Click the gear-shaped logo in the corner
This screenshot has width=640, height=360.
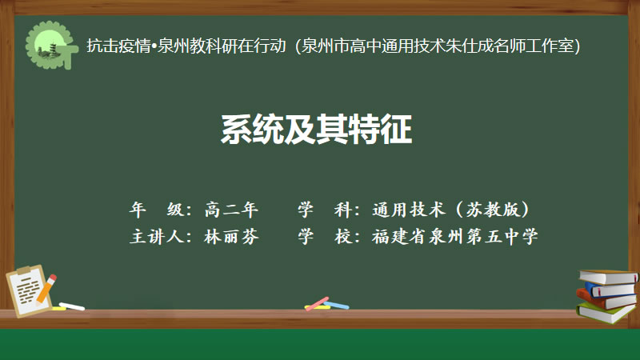50,45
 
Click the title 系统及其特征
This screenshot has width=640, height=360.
316,130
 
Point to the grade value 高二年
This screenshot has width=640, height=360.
231,210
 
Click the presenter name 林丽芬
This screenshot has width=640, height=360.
231,236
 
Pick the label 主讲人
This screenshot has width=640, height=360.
157,236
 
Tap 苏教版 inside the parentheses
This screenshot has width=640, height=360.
493,210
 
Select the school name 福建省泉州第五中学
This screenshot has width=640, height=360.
454,236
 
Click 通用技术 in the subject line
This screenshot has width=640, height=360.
408,210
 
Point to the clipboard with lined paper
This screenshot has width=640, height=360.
28,290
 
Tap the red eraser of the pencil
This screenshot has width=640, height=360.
52,278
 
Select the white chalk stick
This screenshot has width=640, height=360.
72,306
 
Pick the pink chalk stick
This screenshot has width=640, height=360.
317,304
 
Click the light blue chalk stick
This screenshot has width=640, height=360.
337,305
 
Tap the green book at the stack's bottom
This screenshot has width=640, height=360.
606,313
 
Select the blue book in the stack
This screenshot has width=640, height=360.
610,290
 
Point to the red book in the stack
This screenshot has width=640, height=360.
606,301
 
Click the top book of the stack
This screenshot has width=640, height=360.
608,277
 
